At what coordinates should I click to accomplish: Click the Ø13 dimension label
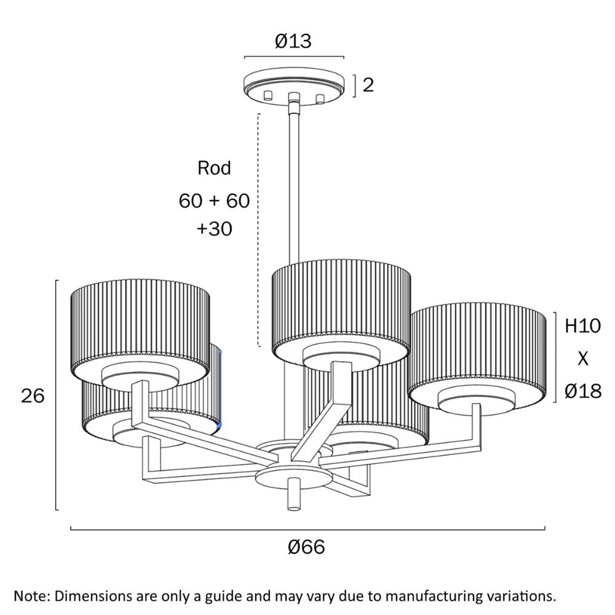pos(293,41)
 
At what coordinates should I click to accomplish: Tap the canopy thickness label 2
pos(368,85)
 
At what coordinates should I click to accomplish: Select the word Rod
pos(214,168)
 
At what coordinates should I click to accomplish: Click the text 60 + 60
pos(214,200)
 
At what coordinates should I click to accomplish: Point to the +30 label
pos(214,229)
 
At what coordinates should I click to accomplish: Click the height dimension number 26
pos(33,396)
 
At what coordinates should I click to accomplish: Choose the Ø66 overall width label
pos(306,547)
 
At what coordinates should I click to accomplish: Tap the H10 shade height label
pos(582,326)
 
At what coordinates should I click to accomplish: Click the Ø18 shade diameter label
pos(582,390)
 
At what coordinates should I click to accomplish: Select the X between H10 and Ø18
pos(582,359)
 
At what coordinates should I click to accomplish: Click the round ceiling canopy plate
pos(294,82)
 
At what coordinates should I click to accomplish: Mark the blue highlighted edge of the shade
pos(219,387)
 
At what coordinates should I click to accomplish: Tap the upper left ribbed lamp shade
pos(140,320)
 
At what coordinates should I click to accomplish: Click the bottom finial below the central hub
pos(294,496)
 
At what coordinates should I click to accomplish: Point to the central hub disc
pos(293,475)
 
